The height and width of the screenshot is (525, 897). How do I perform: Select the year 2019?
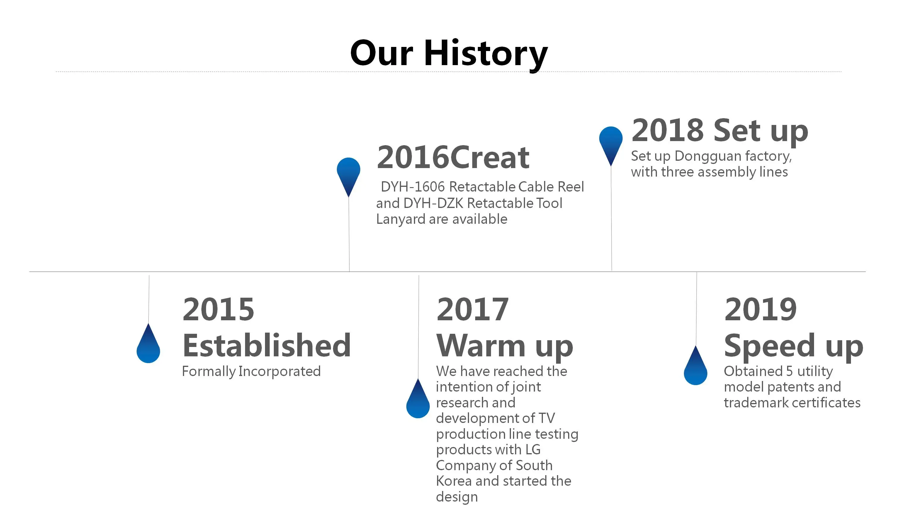pyautogui.click(x=760, y=309)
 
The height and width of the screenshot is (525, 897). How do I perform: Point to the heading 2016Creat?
pyautogui.click(x=453, y=157)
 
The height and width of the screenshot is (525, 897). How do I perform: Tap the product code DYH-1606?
pyautogui.click(x=412, y=187)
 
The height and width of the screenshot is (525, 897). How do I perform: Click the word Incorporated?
pyautogui.click(x=279, y=372)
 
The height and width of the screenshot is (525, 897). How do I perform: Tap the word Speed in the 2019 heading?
pyautogui.click(x=769, y=346)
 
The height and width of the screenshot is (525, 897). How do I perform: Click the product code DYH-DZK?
pyautogui.click(x=433, y=203)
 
